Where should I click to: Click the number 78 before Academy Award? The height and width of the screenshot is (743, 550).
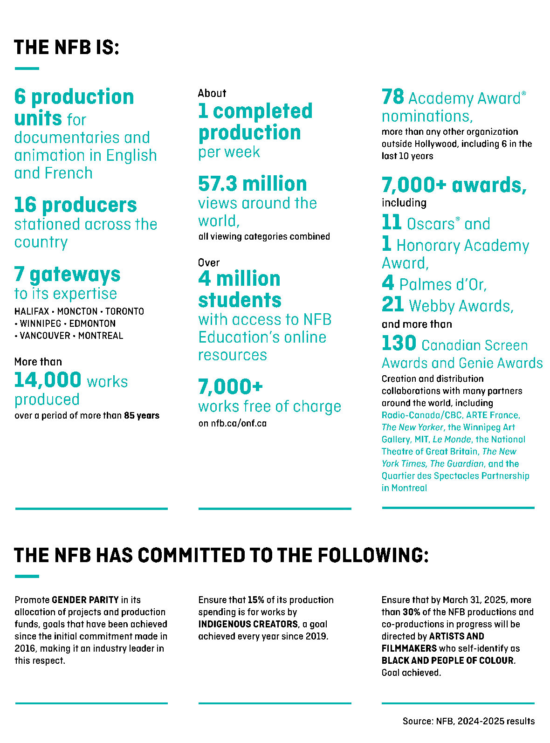392,97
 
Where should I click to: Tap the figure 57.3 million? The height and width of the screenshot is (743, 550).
252,184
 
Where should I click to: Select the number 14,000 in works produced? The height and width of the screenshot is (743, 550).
48,380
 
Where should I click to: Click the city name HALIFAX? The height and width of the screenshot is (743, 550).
32,311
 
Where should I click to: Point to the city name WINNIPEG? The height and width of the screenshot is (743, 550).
41,323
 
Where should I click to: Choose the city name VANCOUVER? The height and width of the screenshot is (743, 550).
45,336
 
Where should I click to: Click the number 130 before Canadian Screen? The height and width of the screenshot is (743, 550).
399,344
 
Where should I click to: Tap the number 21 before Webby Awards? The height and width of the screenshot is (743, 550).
392,305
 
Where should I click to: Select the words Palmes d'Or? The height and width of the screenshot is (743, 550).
443,284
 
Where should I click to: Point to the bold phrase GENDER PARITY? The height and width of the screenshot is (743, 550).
85,600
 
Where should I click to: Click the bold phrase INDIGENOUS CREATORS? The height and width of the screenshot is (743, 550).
248,624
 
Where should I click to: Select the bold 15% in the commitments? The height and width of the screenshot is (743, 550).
256,600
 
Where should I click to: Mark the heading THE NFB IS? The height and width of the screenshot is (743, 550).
67,48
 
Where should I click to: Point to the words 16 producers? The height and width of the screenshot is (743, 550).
76,205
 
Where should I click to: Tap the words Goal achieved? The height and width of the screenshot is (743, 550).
411,673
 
